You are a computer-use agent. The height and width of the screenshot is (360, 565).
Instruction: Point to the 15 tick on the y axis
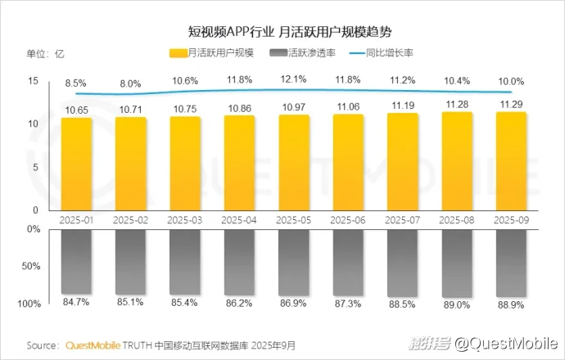[x=33, y=80]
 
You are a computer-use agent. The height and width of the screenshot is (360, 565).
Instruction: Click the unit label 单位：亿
[x=46, y=54]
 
